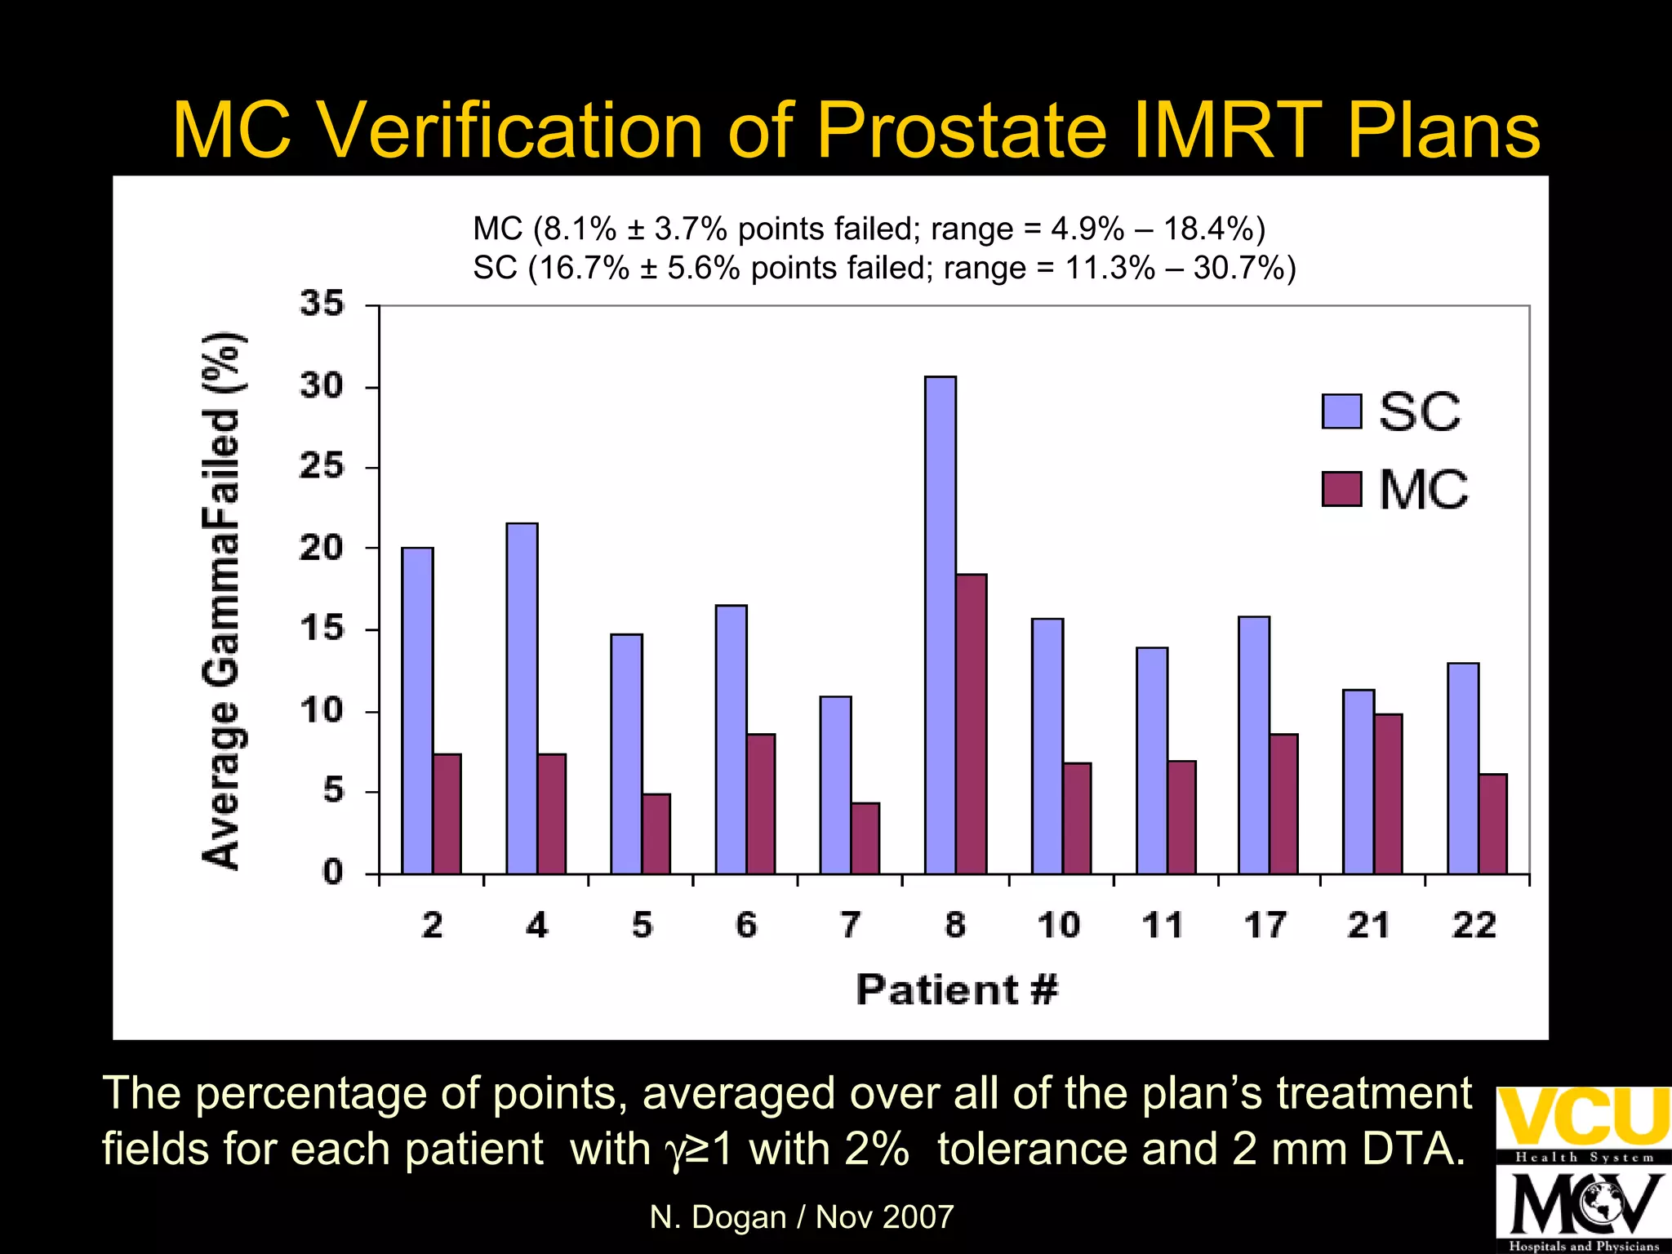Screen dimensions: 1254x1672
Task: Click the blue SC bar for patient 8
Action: pyautogui.click(x=940, y=625)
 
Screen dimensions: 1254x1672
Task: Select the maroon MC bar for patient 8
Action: pyautogui.click(x=972, y=723)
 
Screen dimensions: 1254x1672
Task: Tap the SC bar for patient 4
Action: pyautogui.click(x=522, y=698)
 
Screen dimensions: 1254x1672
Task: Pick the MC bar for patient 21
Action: pyautogui.click(x=1389, y=794)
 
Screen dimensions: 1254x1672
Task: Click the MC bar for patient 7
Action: pyautogui.click(x=865, y=838)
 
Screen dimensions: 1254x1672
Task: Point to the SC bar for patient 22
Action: pyautogui.click(x=1463, y=767)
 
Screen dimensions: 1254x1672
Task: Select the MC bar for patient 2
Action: pyautogui.click(x=447, y=813)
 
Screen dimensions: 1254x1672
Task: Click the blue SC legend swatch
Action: pyautogui.click(x=1341, y=411)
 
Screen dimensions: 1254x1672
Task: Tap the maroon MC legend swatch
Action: pyautogui.click(x=1341, y=489)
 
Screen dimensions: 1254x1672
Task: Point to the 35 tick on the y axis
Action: pyautogui.click(x=322, y=304)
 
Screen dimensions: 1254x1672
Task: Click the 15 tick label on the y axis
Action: pyautogui.click(x=322, y=629)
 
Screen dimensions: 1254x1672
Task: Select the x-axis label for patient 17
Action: pyautogui.click(x=1265, y=925)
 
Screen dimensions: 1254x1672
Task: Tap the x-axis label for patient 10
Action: pyautogui.click(x=1059, y=925)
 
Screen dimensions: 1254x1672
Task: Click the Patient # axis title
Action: pyautogui.click(x=957, y=989)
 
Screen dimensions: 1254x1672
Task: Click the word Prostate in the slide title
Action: pyautogui.click(x=960, y=131)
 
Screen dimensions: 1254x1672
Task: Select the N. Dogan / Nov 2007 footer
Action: pyautogui.click(x=801, y=1216)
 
